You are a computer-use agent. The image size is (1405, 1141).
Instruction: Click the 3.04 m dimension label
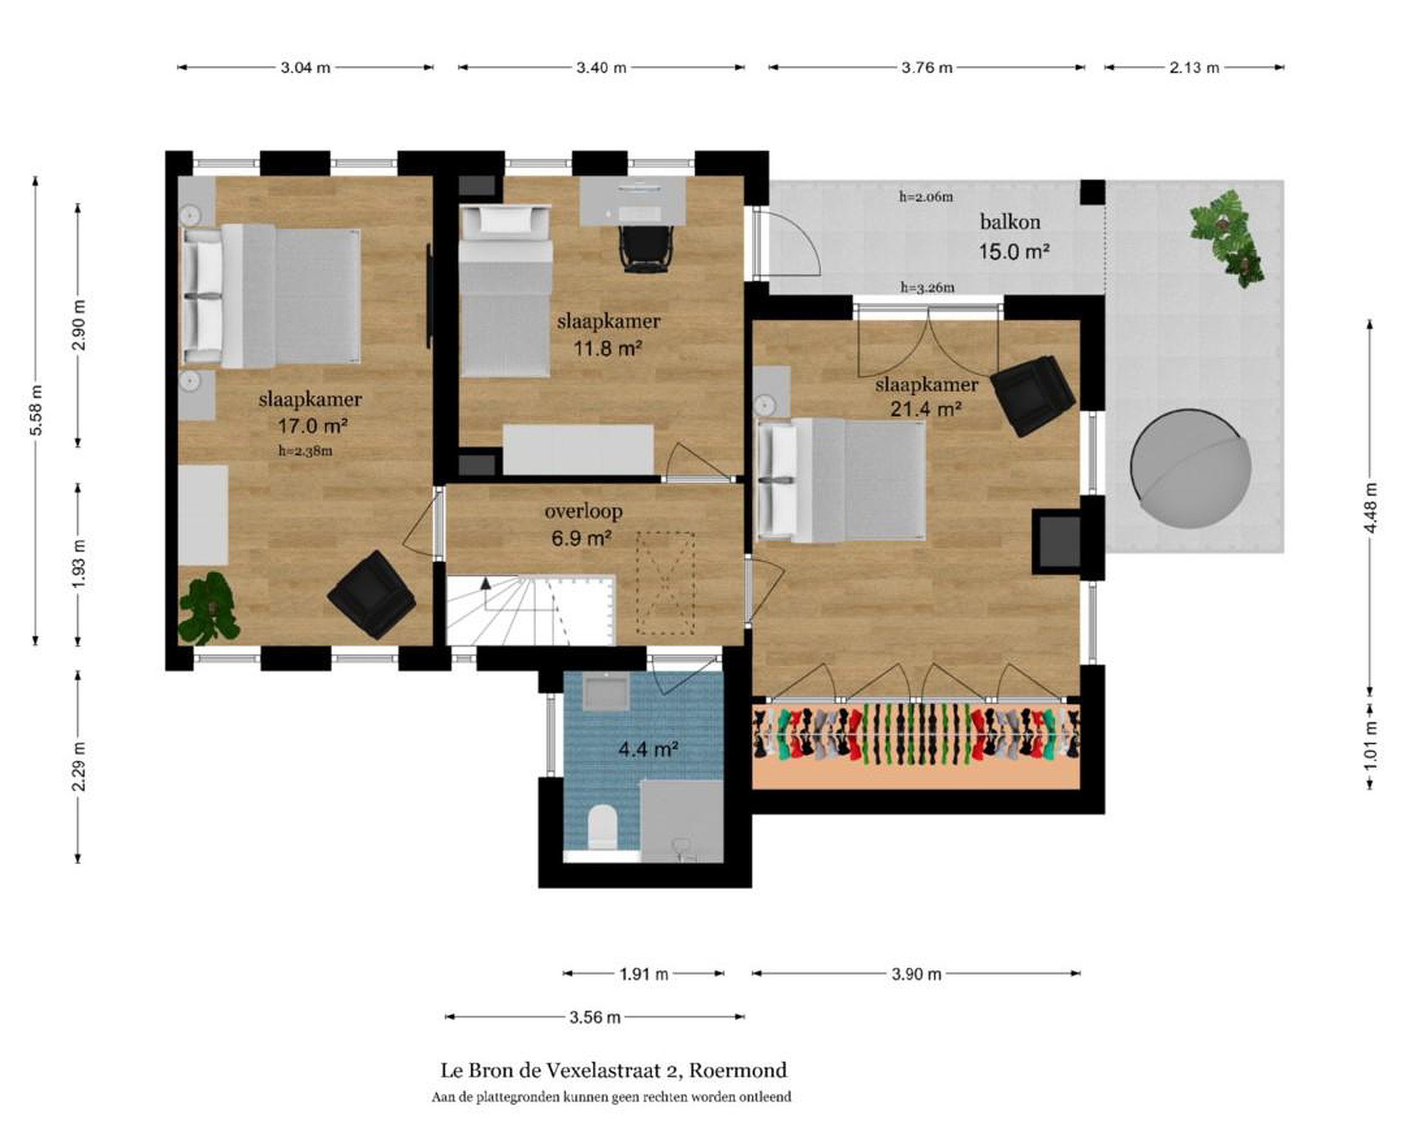point(305,67)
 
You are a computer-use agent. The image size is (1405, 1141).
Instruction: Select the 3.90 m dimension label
point(916,974)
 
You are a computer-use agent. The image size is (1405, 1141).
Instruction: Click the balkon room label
point(1010,222)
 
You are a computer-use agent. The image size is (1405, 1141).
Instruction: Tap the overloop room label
point(583,510)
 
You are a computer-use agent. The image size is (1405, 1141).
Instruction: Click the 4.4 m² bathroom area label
point(648,749)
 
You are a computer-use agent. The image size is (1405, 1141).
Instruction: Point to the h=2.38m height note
point(305,451)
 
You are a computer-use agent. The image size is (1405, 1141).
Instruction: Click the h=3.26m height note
point(927,287)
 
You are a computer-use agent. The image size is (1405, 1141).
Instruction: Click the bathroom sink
point(607,692)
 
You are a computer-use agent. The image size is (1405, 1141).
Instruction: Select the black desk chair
point(646,249)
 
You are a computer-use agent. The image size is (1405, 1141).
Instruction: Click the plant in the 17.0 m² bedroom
point(208,608)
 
